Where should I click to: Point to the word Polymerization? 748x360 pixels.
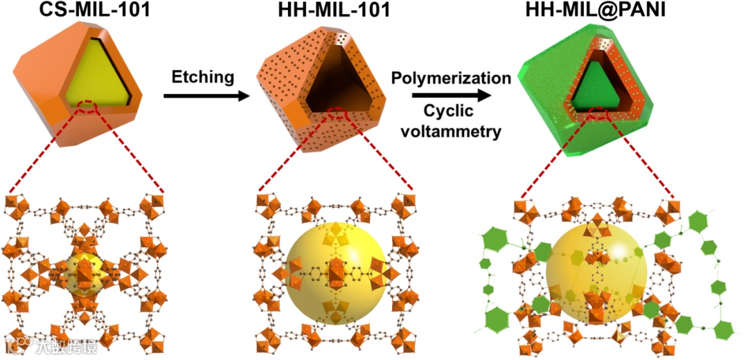[x=451, y=77]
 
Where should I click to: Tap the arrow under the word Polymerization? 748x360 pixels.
[x=451, y=96]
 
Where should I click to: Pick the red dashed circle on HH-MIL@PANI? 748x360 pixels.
[x=598, y=116]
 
